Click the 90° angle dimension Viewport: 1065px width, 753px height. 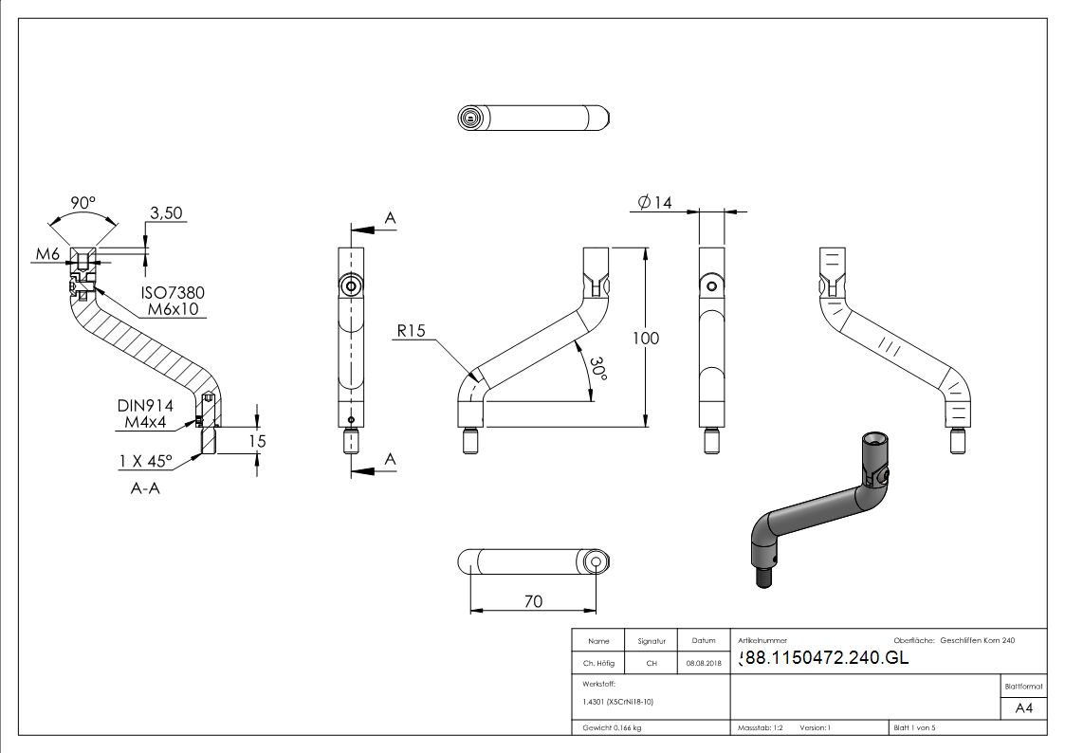83,203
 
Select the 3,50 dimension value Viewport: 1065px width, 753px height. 167,213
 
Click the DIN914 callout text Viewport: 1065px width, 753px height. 145,405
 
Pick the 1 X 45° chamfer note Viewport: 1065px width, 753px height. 146,461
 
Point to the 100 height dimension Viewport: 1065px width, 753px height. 646,339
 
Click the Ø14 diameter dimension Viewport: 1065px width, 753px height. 655,202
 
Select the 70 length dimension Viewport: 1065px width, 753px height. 532,600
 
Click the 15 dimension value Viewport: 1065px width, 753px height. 257,441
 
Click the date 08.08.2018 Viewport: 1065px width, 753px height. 704,664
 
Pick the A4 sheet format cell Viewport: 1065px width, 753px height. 1023,708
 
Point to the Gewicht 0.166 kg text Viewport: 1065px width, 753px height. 612,727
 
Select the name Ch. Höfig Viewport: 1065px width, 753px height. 598,664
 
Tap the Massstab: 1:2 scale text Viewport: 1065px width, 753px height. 760,727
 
